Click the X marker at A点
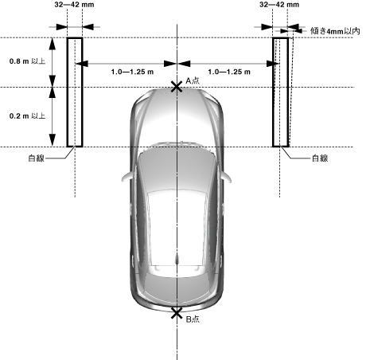pyautogui.click(x=177, y=87)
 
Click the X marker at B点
pyautogui.click(x=177, y=314)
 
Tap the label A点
pyautogui.click(x=193, y=80)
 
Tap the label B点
pyautogui.click(x=193, y=319)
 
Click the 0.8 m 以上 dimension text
pyautogui.click(x=27, y=61)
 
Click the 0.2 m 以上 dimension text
pyautogui.click(x=27, y=116)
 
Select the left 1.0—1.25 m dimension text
pyautogui.click(x=132, y=72)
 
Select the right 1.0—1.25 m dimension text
pyautogui.click(x=229, y=72)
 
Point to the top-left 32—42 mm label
pyautogui.click(x=74, y=5)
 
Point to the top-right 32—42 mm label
pyautogui.click(x=279, y=5)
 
